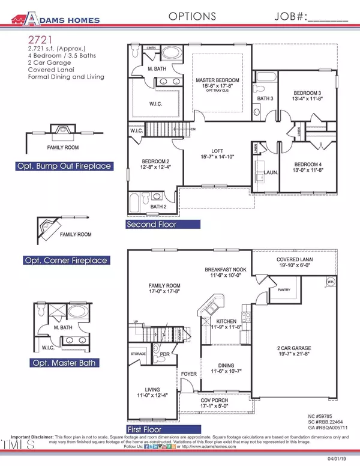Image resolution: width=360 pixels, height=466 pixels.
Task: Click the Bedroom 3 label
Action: click(x=307, y=93)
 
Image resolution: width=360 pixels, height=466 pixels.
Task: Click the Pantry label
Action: click(x=284, y=289)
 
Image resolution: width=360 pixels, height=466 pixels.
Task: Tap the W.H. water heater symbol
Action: click(x=329, y=281)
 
